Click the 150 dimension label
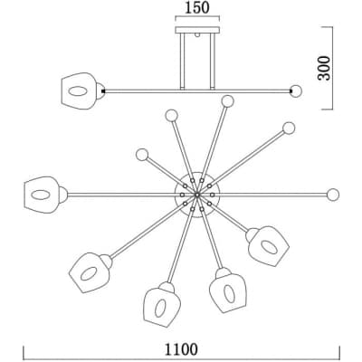point(196,8)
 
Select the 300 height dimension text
point(324,68)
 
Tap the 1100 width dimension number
point(181,349)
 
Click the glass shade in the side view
point(79,90)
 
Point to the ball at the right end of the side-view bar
point(296,91)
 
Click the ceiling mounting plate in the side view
point(197,30)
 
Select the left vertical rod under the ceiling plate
point(182,62)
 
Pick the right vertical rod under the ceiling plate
point(213,62)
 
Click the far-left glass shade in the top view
point(42,195)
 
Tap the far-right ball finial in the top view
point(333,195)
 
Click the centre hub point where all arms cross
point(197,195)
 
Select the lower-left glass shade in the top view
point(89,272)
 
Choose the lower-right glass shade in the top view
point(269,246)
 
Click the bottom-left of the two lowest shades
point(161,307)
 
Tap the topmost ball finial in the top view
point(227,101)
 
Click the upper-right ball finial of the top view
point(289,129)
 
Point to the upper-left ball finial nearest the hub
point(142,155)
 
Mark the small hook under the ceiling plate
point(197,34)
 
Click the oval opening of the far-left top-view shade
point(41,195)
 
